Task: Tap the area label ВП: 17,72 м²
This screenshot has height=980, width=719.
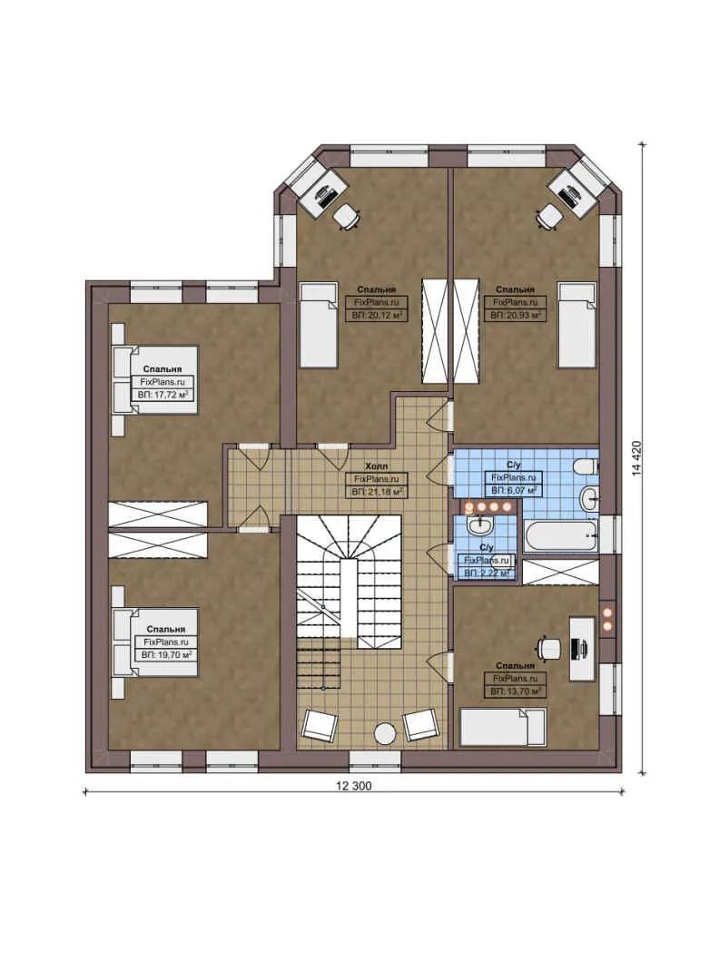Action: click(x=164, y=397)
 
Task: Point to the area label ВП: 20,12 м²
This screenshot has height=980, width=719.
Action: click(x=377, y=315)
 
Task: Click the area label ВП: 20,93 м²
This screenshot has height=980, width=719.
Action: click(x=516, y=315)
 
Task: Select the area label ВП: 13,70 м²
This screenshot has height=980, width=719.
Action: click(x=516, y=691)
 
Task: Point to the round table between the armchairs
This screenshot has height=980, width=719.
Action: click(x=387, y=732)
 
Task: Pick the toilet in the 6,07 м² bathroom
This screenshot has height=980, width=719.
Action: click(x=586, y=467)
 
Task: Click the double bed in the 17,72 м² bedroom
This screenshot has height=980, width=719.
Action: click(x=154, y=379)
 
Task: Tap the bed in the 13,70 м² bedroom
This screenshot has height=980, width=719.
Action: click(x=502, y=727)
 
